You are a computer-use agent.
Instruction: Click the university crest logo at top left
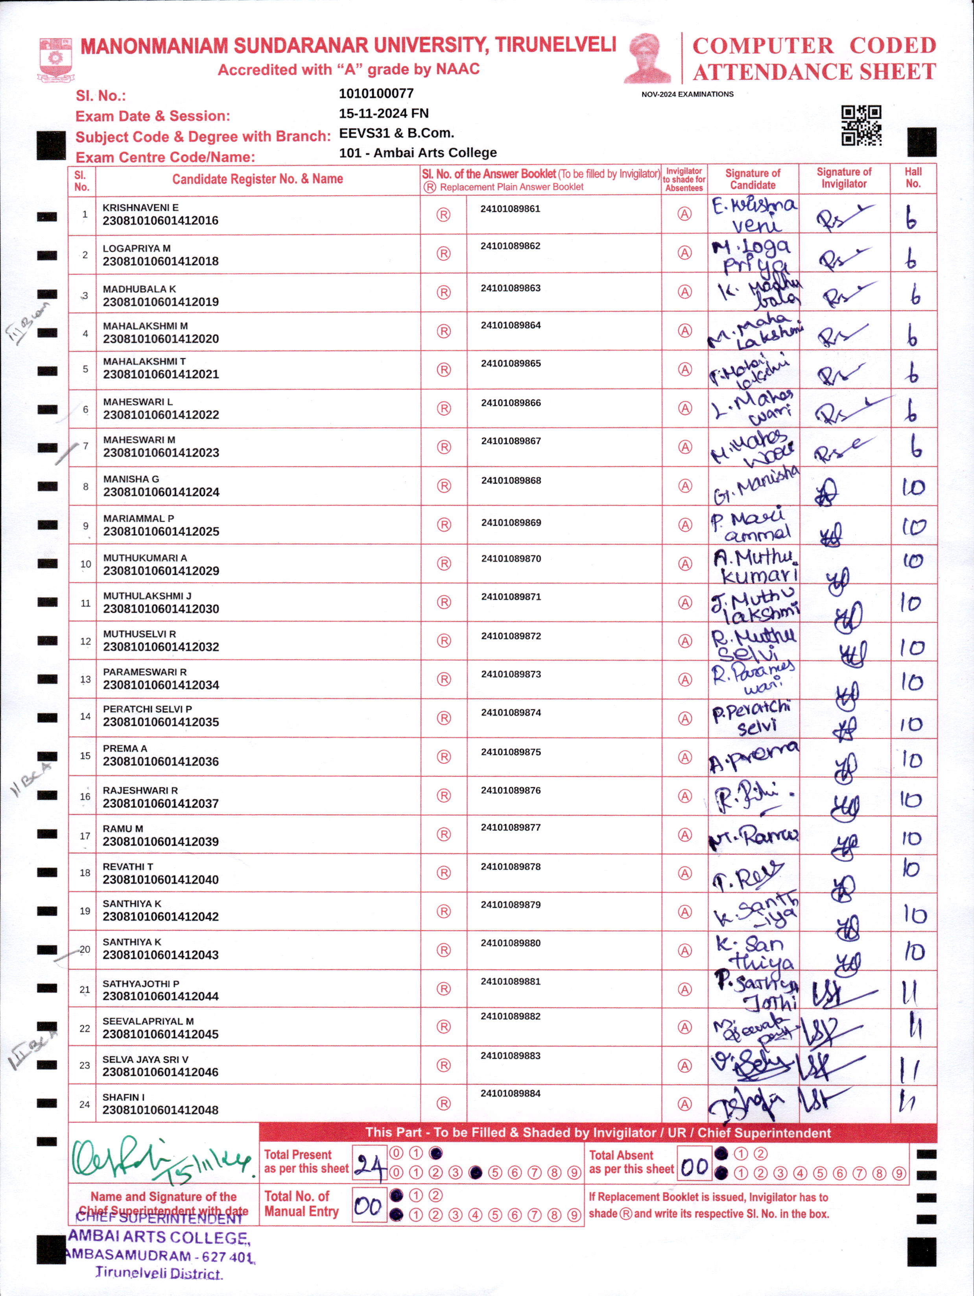pyautogui.click(x=56, y=59)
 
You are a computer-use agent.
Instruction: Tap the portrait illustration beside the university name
pyautogui.click(x=647, y=59)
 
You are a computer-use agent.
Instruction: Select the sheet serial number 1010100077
pyautogui.click(x=376, y=94)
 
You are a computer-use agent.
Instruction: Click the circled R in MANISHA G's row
pyautogui.click(x=444, y=486)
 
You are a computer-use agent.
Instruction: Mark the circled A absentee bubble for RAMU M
pyautogui.click(x=684, y=834)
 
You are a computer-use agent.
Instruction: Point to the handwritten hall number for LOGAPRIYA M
pyautogui.click(x=911, y=258)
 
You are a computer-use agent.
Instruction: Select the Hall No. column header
pyautogui.click(x=913, y=177)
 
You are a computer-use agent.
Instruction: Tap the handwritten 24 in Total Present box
pyautogui.click(x=370, y=1167)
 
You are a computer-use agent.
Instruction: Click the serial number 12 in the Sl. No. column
pyautogui.click(x=86, y=641)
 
